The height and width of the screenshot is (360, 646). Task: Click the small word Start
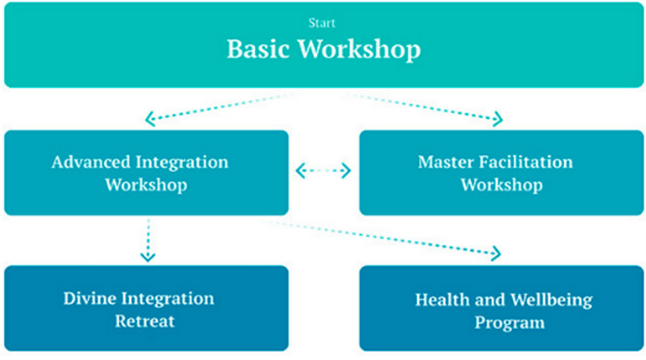[x=322, y=23]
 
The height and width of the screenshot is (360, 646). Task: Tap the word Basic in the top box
[x=259, y=49]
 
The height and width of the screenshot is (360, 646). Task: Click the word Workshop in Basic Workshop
[x=359, y=50]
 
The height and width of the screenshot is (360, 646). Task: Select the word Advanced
[x=91, y=162]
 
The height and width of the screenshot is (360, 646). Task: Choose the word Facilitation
[x=524, y=162]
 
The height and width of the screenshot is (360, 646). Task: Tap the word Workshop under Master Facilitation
[x=501, y=185]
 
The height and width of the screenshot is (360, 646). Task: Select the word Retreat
[x=145, y=321]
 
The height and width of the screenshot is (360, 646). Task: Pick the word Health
[x=442, y=299]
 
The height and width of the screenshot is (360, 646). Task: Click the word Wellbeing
[x=551, y=301]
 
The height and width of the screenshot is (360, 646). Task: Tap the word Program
[x=510, y=324]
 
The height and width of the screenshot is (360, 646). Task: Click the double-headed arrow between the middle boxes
[x=323, y=171]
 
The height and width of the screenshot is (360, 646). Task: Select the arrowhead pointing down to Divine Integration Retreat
[x=148, y=257]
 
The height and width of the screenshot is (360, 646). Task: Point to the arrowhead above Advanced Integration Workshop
[x=151, y=118]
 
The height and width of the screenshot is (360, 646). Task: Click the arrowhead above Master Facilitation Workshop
[x=498, y=118]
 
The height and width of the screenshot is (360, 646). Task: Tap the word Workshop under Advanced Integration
[x=146, y=185]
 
